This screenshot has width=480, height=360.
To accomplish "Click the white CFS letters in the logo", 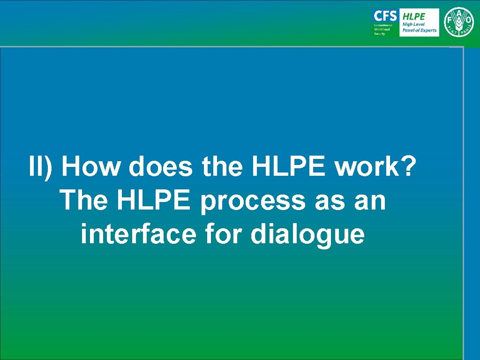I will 385,16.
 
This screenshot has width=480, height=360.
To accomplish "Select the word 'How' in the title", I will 90,167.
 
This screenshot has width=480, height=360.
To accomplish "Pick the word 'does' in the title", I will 160,167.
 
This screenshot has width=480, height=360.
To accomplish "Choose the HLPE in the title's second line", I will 155,201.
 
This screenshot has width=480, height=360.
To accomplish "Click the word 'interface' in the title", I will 138,234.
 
